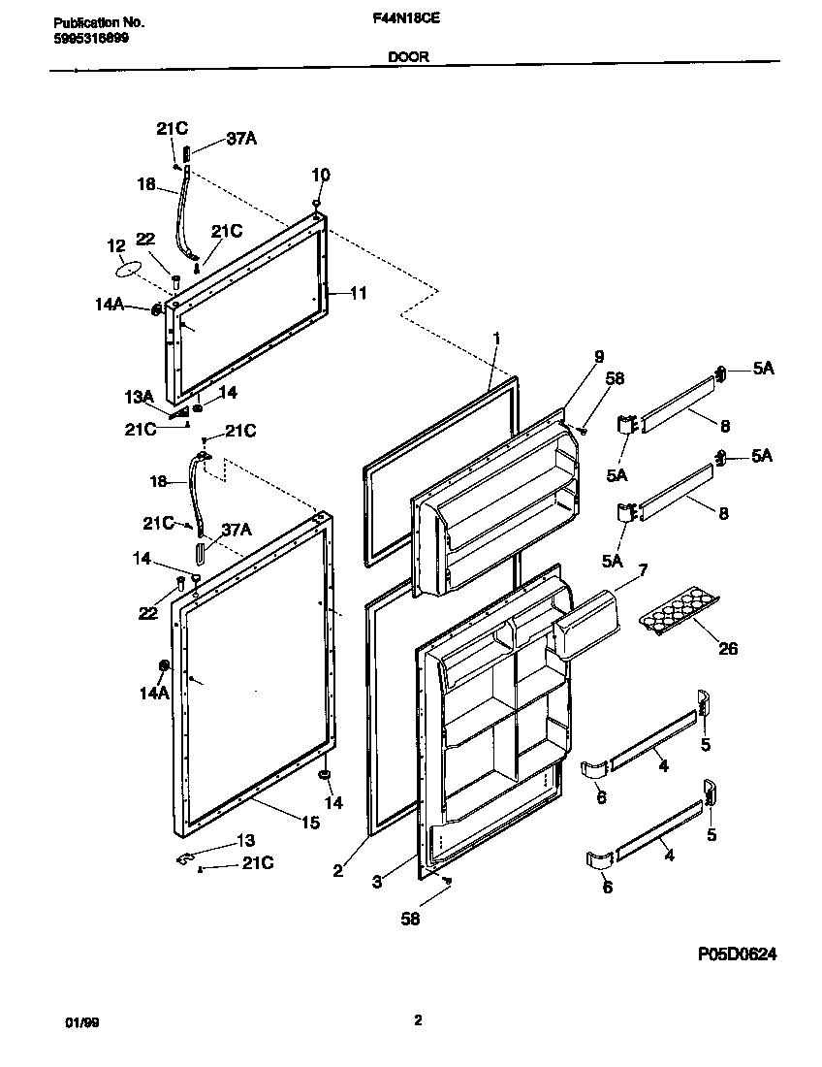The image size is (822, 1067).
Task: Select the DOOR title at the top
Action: point(409,57)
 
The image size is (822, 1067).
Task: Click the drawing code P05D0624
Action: point(737,954)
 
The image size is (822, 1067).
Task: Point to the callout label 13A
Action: point(140,396)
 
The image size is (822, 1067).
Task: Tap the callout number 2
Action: point(337,871)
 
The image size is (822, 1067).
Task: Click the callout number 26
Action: point(727,648)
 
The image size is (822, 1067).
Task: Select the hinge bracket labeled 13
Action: point(184,857)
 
